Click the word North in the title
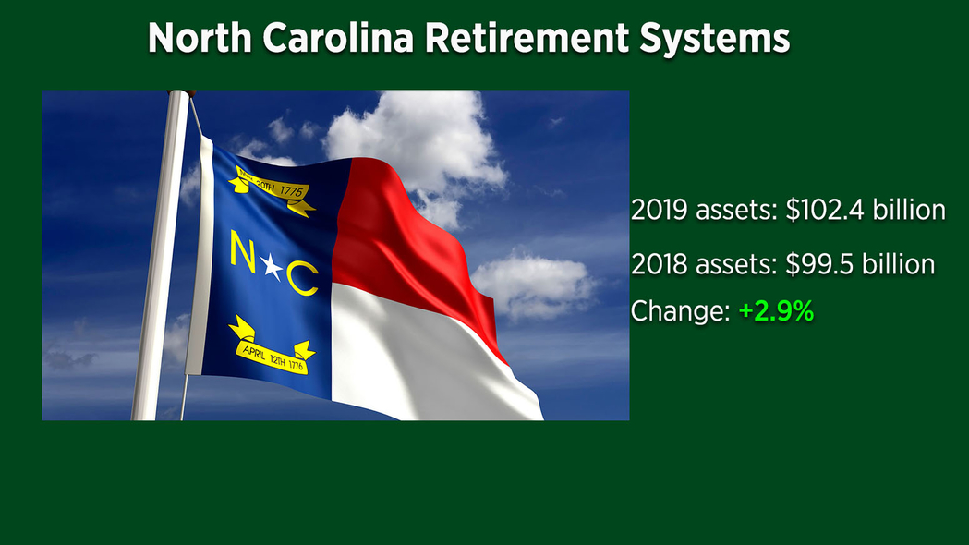[x=200, y=38]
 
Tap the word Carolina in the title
[x=338, y=38]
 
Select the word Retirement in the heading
[x=527, y=38]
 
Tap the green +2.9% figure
[x=776, y=310]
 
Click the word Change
[x=680, y=310]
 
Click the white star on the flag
[x=272, y=266]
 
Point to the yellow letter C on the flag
[x=303, y=278]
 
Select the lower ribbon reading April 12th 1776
[x=273, y=347]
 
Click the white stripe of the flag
[x=420, y=358]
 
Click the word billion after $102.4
[x=909, y=210]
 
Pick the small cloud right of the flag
[x=534, y=285]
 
